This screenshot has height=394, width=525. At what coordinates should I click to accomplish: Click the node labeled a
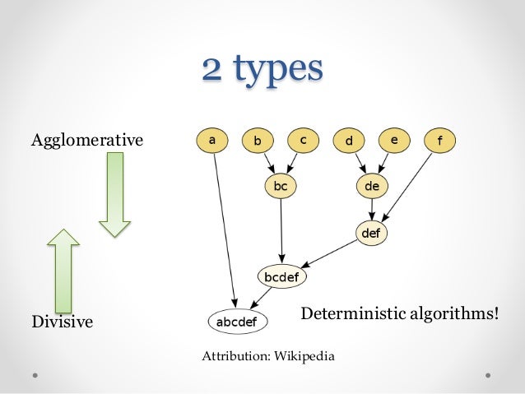(213, 140)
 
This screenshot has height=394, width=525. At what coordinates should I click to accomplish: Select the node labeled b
(258, 141)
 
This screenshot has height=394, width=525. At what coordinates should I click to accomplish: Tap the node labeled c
(303, 140)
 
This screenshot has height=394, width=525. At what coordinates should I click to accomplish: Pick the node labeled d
(349, 141)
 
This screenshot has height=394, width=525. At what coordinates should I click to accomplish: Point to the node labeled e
(394, 140)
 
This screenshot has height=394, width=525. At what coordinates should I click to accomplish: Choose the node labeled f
(439, 141)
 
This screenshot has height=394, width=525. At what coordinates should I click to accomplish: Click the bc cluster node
(281, 186)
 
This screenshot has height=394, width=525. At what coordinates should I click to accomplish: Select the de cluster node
(371, 186)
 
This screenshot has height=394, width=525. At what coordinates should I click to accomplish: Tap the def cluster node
(371, 232)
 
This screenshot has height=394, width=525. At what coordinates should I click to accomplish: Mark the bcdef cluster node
(282, 276)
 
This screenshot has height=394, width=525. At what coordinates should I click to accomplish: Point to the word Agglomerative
(86, 141)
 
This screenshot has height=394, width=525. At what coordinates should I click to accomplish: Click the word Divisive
(62, 322)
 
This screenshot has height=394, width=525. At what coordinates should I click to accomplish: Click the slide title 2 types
(262, 69)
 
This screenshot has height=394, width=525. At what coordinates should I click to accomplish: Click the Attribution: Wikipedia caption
(268, 355)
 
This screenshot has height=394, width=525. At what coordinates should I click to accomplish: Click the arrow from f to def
(407, 184)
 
